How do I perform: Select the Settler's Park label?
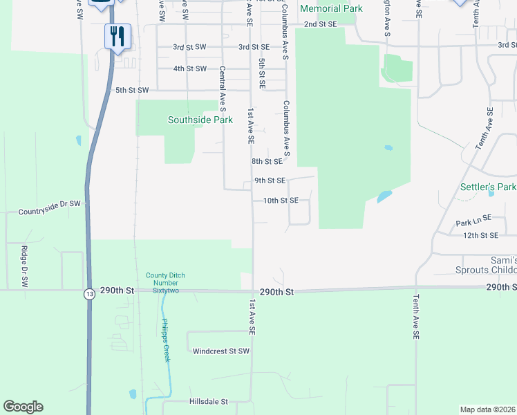pyautogui.click(x=489, y=187)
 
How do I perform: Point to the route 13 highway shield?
pyautogui.click(x=89, y=293)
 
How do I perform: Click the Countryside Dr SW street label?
pyautogui.click(x=50, y=204)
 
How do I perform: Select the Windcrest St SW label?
pyautogui.click(x=221, y=351)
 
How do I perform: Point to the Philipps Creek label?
pyautogui.click(x=165, y=341)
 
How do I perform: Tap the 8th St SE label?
pyautogui.click(x=267, y=161)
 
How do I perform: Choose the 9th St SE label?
pyautogui.click(x=270, y=181)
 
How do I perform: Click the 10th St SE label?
pyautogui.click(x=280, y=201)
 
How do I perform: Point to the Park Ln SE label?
pyautogui.click(x=473, y=223)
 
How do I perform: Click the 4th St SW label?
pyautogui.click(x=190, y=68)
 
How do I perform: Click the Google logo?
pyautogui.click(x=23, y=407)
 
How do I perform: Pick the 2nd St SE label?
pyautogui.click(x=321, y=24)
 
